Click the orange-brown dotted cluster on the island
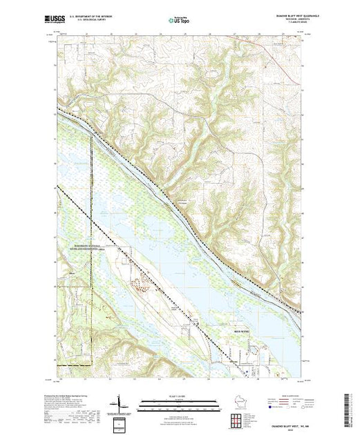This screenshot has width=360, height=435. point(144,284)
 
